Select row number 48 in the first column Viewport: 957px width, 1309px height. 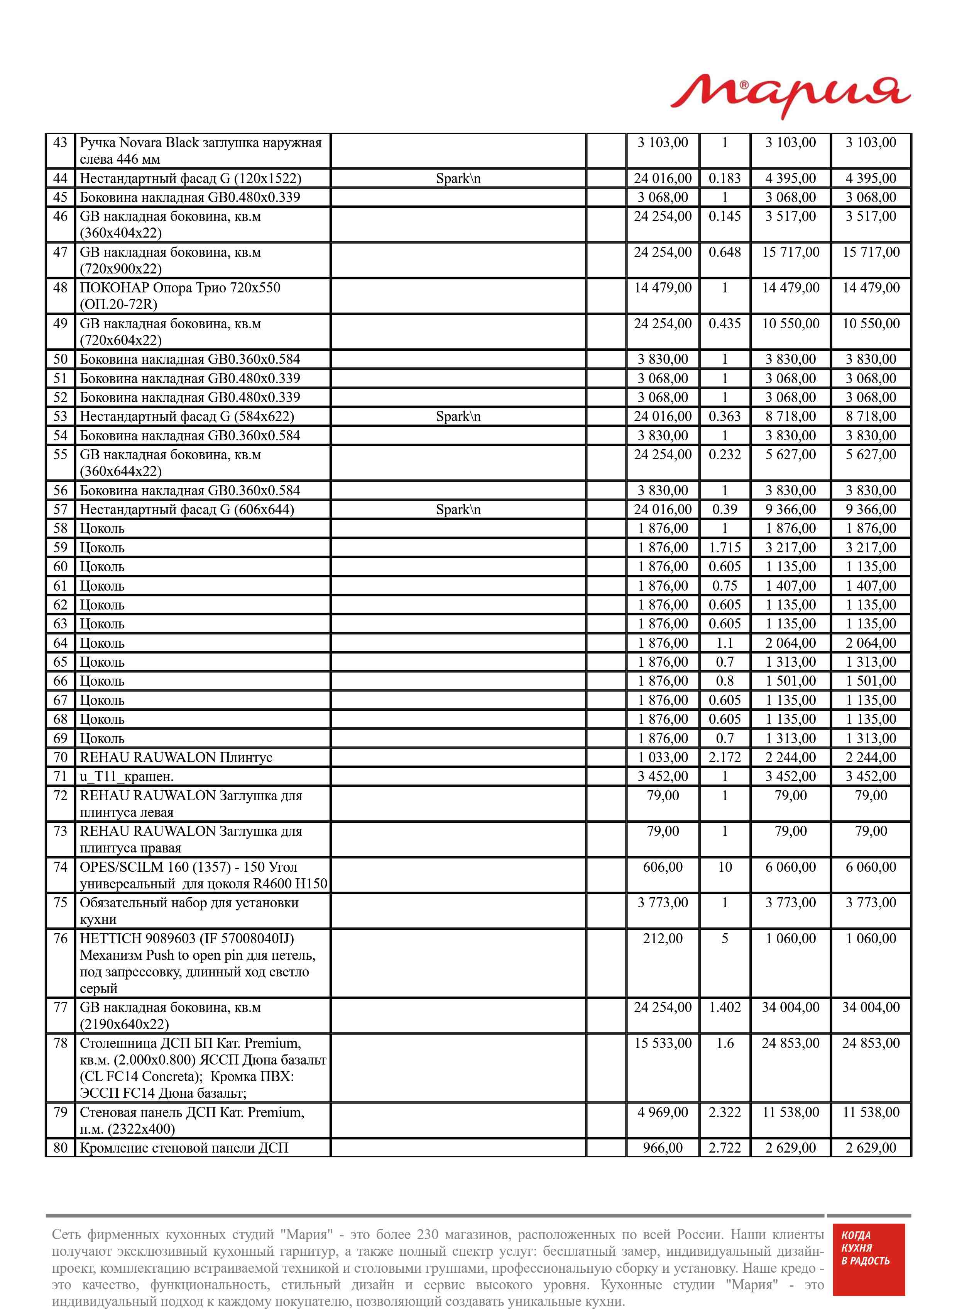(60, 288)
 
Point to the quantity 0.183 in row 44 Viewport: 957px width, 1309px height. (724, 178)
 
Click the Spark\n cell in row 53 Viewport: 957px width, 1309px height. (458, 417)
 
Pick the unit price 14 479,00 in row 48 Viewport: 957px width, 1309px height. (662, 288)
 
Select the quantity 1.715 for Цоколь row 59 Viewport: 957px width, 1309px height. (724, 548)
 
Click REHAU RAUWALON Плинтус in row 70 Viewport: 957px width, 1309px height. (176, 758)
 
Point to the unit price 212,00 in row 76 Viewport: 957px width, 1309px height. (662, 939)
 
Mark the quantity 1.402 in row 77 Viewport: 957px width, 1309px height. (724, 1008)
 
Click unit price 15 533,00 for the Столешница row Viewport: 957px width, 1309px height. (662, 1044)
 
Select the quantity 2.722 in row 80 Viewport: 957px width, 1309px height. (724, 1148)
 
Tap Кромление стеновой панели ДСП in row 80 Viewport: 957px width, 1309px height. (184, 1148)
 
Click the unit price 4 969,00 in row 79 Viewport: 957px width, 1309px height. (662, 1112)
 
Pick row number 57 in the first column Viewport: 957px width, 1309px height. (60, 509)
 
